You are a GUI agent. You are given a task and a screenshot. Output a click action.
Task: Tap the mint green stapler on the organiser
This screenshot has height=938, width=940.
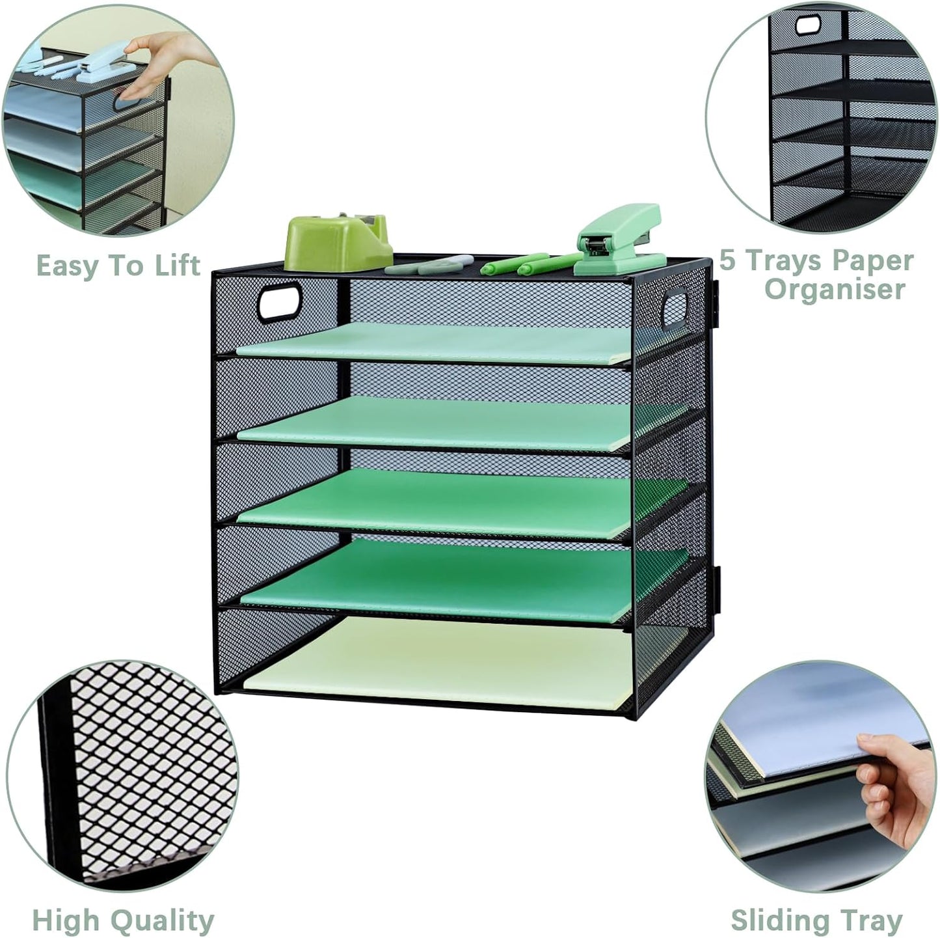pos(618,241)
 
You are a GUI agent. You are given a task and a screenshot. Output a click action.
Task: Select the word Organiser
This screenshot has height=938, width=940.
pos(835,290)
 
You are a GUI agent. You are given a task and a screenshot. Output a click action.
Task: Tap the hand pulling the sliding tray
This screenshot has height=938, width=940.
pos(894,788)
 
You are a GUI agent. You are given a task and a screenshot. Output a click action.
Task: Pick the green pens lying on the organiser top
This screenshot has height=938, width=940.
pos(527,264)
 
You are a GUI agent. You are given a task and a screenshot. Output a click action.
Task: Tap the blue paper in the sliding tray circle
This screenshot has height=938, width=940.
pos(826,713)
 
